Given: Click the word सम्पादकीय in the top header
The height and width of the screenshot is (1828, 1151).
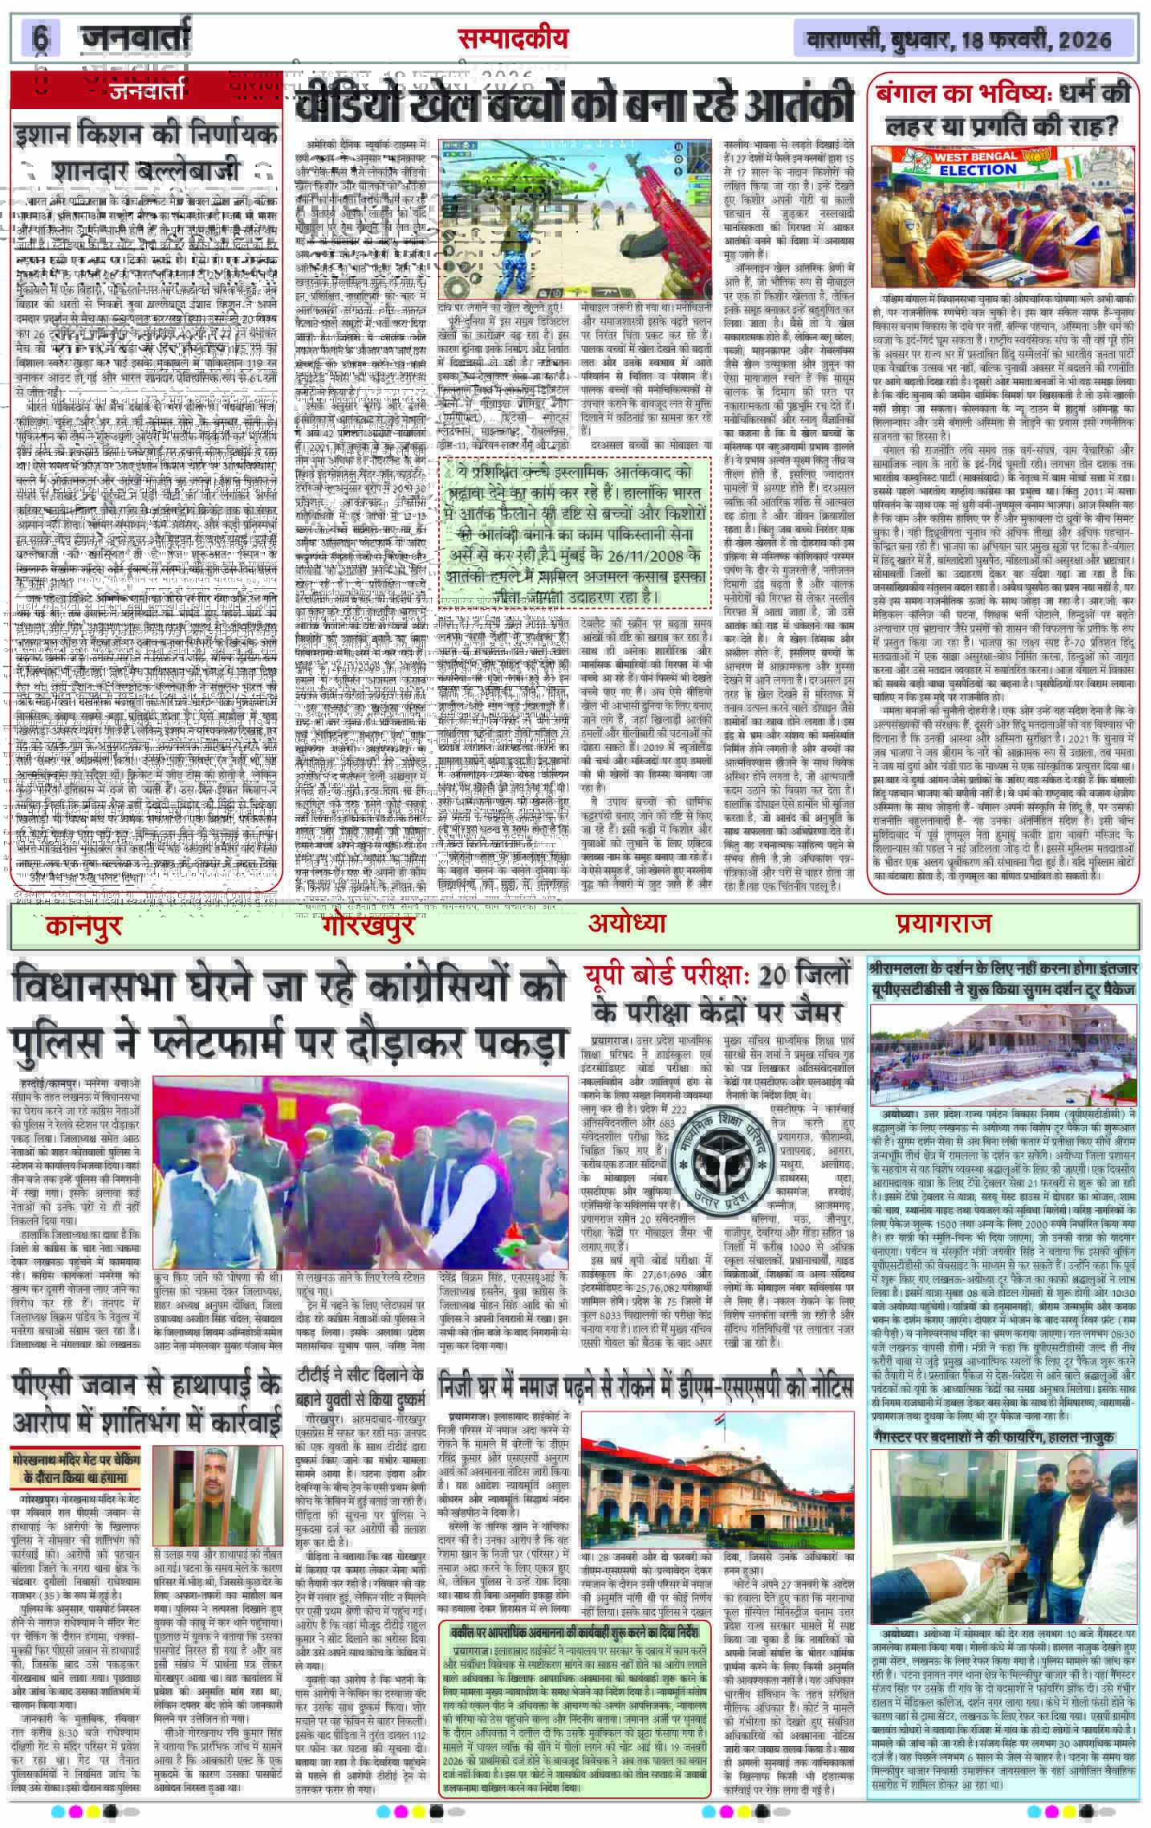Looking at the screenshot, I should (x=513, y=38).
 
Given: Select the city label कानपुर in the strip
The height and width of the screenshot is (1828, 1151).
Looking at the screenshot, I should (x=84, y=925).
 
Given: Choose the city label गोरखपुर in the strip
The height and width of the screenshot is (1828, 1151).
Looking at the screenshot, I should (x=368, y=925).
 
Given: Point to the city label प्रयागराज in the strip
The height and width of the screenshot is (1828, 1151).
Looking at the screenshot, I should (x=944, y=924).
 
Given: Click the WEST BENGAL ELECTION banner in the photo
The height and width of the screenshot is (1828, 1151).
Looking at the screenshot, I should (x=972, y=165).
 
